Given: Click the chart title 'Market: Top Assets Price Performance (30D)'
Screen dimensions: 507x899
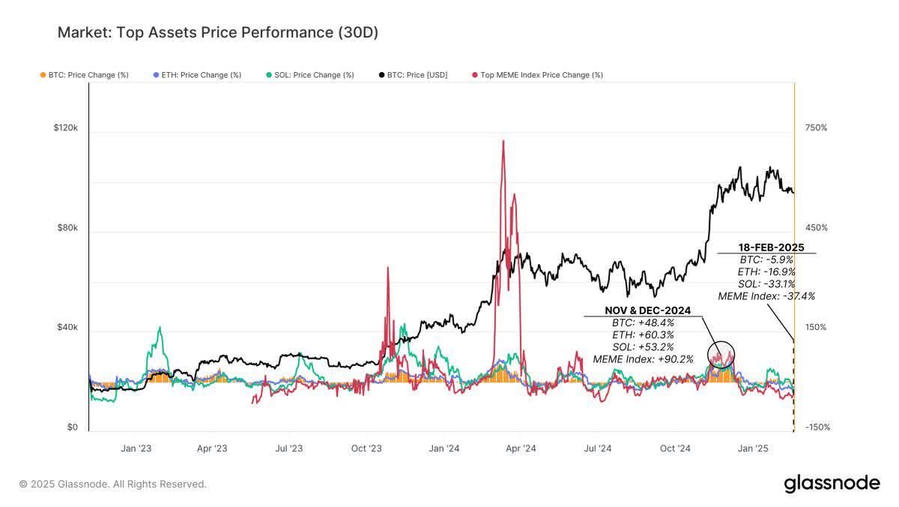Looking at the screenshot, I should (x=218, y=33).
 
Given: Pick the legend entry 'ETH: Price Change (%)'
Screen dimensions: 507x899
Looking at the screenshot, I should (x=197, y=75).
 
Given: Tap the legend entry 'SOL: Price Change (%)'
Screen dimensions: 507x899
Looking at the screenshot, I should (x=309, y=75).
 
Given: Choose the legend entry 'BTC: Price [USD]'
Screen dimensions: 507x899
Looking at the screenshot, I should (x=414, y=75).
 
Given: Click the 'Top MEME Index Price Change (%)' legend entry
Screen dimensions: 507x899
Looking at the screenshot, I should (x=537, y=75).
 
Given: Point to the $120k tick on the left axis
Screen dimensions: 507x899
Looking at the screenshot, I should (x=65, y=128).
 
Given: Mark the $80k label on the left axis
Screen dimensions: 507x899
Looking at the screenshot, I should (x=67, y=228).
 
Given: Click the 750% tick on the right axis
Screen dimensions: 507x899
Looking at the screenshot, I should (x=816, y=128).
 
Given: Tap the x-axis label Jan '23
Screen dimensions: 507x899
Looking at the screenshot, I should (x=136, y=448).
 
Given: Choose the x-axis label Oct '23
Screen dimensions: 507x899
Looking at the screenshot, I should (x=366, y=448).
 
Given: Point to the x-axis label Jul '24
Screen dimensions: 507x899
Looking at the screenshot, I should (x=596, y=448).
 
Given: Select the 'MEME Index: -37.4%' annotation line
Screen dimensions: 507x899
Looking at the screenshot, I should (x=766, y=296).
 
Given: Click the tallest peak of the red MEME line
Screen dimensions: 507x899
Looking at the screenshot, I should (x=503, y=141).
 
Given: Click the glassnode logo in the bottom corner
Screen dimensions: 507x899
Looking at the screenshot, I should (x=832, y=484).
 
